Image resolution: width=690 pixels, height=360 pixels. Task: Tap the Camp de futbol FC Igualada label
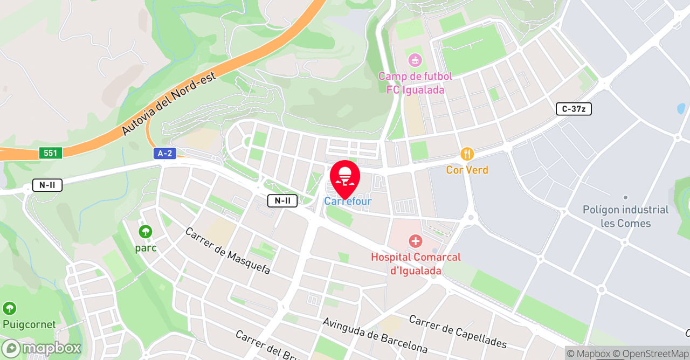(x=415, y=83)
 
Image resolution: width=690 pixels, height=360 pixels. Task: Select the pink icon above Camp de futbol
(x=415, y=59)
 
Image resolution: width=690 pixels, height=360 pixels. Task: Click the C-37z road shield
(x=574, y=109)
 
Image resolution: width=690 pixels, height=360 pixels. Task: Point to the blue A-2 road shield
(x=165, y=154)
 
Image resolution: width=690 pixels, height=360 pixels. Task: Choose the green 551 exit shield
(x=50, y=153)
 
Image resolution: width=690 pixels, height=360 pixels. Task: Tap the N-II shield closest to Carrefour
(x=282, y=201)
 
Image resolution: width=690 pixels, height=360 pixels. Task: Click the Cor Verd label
(x=467, y=170)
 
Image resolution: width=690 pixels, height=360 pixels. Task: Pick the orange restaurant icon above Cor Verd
(x=467, y=155)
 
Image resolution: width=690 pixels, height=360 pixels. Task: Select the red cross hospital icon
(x=415, y=241)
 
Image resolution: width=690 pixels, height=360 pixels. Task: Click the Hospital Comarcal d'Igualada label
(x=416, y=264)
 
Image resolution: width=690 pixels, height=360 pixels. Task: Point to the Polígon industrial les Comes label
(x=625, y=216)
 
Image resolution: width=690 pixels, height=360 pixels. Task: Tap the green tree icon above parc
(x=146, y=232)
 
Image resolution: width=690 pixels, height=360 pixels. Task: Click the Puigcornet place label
(x=29, y=324)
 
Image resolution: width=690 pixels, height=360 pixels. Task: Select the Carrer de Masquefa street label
(x=227, y=251)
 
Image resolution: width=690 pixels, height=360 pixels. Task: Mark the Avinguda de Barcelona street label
(x=375, y=335)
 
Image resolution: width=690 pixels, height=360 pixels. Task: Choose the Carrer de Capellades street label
(x=458, y=331)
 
